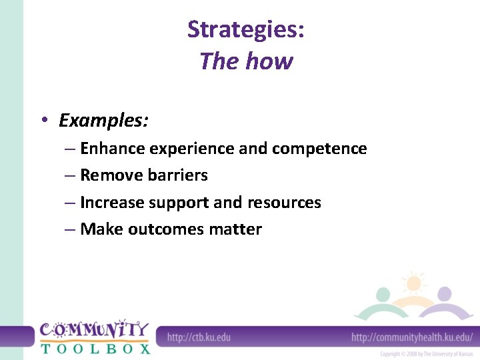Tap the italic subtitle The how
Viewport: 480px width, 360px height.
pyautogui.click(x=246, y=61)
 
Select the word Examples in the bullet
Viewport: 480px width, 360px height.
pyautogui.click(x=103, y=121)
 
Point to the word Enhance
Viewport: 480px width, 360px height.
pyautogui.click(x=113, y=149)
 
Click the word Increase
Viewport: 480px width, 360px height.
pyautogui.click(x=111, y=203)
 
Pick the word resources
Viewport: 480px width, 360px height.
pyautogui.click(x=284, y=203)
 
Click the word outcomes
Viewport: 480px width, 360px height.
pyautogui.click(x=166, y=229)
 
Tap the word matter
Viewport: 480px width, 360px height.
pyautogui.click(x=235, y=229)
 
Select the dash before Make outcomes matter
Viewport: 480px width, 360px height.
pyautogui.click(x=70, y=229)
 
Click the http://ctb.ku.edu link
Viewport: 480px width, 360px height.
pyautogui.click(x=199, y=337)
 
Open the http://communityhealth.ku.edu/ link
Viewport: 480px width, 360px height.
pyautogui.click(x=412, y=337)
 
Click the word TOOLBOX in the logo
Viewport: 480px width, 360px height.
pyautogui.click(x=95, y=347)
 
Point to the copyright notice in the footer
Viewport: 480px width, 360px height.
pyautogui.click(x=426, y=353)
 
